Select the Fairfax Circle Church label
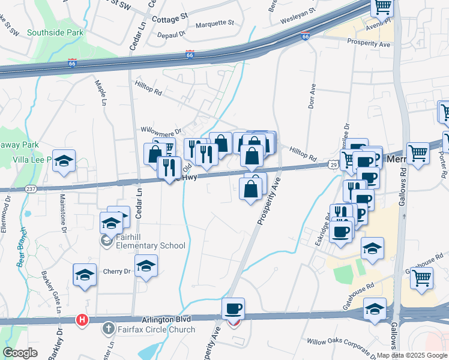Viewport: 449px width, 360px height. coord(155,329)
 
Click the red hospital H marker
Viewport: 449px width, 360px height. coord(82,320)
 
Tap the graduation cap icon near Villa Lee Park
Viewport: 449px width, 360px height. coord(64,161)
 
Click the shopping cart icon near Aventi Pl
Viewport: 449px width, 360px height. coord(382,7)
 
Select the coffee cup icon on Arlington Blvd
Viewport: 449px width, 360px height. coord(233,309)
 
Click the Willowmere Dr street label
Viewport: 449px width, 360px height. coord(160,130)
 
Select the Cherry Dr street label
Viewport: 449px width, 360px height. coord(116,271)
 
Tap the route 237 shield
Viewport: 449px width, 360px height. coord(32,189)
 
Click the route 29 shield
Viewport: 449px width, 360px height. coord(333,164)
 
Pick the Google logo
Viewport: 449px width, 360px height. coord(20,352)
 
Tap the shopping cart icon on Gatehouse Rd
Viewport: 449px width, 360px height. coord(422,277)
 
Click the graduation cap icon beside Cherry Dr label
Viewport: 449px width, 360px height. coord(146,265)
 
